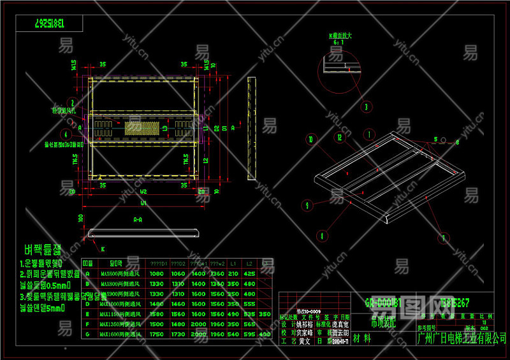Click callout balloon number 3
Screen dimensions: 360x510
[x=366, y=107]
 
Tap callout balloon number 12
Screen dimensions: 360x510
[x=340, y=138]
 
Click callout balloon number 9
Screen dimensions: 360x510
[x=307, y=205]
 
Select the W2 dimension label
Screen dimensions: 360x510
[x=143, y=190]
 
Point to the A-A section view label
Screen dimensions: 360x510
[x=137, y=219]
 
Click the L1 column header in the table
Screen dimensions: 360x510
[x=233, y=263]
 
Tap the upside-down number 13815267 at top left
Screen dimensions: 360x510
[x=58, y=24]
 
